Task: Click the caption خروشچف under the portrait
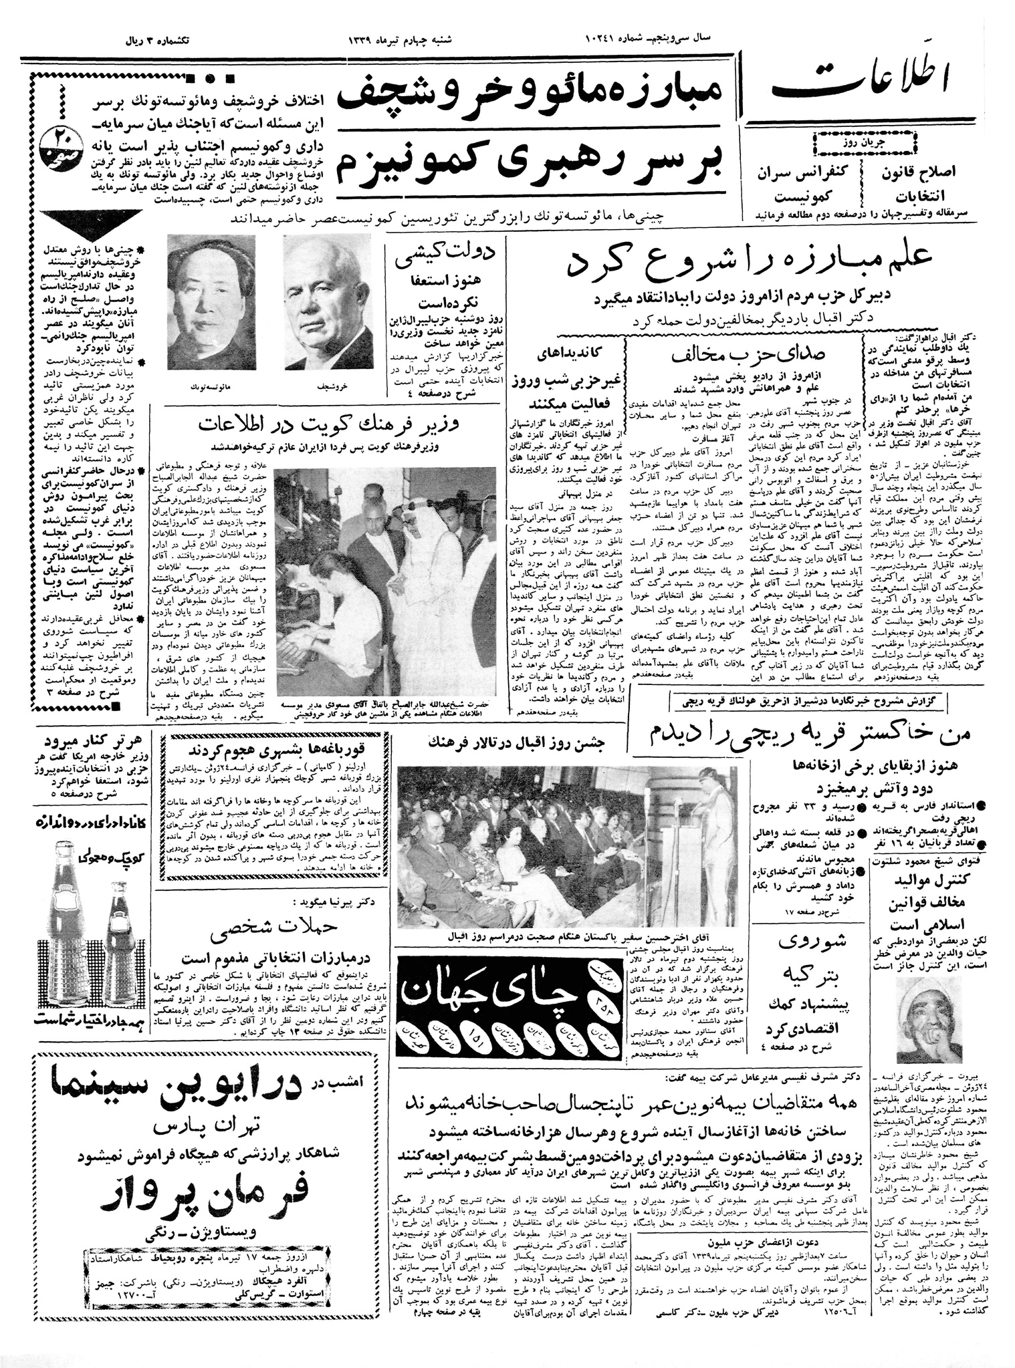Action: [327, 387]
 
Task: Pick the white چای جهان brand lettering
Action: [505, 984]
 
